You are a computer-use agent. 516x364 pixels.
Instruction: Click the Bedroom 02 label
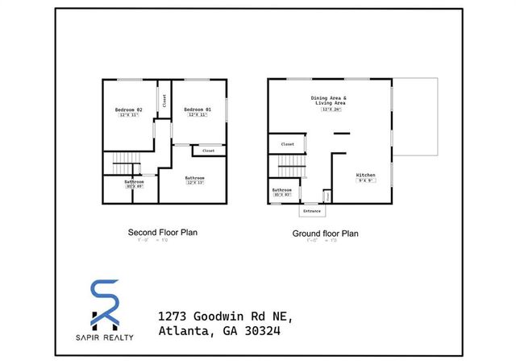point(128,110)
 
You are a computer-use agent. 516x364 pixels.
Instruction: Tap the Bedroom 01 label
point(196,110)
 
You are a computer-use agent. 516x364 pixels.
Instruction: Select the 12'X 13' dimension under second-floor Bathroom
point(194,183)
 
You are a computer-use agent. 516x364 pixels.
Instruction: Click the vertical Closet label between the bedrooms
point(164,101)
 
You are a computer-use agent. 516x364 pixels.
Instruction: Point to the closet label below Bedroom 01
point(208,151)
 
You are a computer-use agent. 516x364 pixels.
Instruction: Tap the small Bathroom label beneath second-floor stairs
point(134,181)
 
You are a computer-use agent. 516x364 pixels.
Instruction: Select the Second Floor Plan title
point(163,232)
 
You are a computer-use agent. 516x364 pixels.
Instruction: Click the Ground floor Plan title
point(325,234)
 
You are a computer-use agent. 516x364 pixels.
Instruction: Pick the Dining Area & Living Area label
point(328,100)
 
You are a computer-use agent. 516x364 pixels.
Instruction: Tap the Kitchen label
point(366,174)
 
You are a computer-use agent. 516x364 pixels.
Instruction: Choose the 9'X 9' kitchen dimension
point(366,180)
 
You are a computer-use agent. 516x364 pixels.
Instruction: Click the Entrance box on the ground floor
point(311,211)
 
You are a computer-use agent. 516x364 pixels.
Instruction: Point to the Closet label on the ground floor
point(288,144)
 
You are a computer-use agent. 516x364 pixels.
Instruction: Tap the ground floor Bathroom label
point(281,190)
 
